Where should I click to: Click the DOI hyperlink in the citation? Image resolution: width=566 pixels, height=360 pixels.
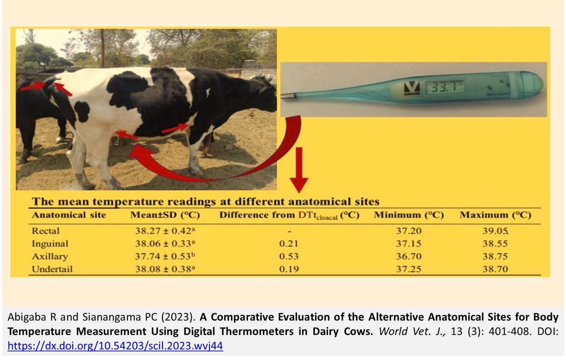(x=115, y=346)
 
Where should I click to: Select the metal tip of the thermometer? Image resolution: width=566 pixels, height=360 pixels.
(x=288, y=96)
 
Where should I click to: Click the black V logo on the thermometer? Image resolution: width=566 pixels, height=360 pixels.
(x=412, y=87)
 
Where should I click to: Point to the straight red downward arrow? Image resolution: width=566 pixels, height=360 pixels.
(x=299, y=170)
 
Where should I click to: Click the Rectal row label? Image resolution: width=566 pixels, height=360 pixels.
(x=45, y=231)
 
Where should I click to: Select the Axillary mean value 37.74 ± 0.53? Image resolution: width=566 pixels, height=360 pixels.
(x=165, y=256)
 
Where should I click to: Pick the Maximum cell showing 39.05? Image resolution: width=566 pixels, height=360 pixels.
(x=495, y=231)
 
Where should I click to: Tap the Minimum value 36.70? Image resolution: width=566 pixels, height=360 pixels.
(x=408, y=256)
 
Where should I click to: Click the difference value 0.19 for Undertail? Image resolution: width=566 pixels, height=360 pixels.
(x=289, y=269)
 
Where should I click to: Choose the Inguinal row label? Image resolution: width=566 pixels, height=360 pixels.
(x=50, y=244)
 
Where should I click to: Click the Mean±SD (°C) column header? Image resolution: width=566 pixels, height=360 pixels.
(x=165, y=215)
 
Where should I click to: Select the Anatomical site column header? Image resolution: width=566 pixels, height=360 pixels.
(x=69, y=215)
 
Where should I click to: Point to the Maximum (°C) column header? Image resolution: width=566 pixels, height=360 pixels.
(x=495, y=215)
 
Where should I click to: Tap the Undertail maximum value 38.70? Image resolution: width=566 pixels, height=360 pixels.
(x=495, y=269)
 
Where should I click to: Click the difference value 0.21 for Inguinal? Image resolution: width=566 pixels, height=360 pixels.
(x=288, y=244)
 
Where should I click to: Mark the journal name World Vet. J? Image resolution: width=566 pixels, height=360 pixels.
(x=412, y=331)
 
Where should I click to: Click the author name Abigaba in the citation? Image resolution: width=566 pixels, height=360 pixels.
(x=28, y=317)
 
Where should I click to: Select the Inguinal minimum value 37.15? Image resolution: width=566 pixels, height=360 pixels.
(x=408, y=244)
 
